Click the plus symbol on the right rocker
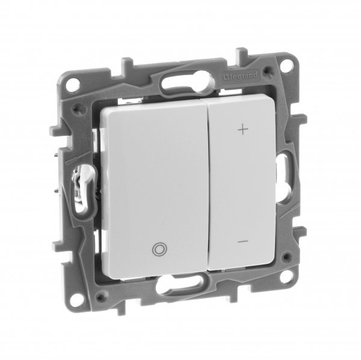243,130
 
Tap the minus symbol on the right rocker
242,242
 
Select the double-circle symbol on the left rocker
159,249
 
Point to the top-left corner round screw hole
74,81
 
